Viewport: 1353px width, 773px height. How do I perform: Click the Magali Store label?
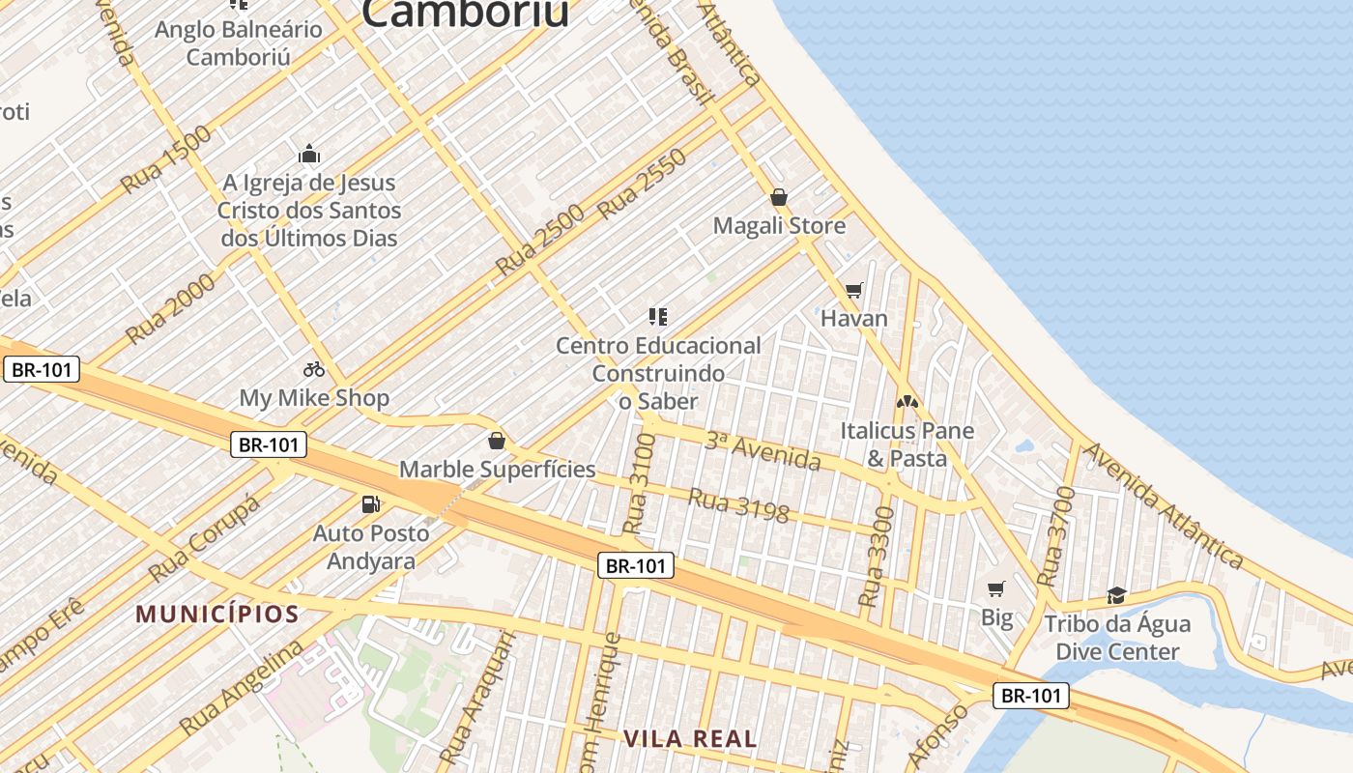[x=779, y=226]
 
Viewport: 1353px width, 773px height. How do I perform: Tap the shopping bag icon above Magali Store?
[x=779, y=198]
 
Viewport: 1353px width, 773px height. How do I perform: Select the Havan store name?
[x=853, y=318]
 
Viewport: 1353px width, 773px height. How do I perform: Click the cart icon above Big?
[x=996, y=588]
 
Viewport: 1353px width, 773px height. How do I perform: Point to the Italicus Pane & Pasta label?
[x=907, y=444]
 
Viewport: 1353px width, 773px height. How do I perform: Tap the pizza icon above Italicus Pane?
[x=907, y=401]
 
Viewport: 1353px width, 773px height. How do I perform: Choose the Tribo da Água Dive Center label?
[x=1117, y=638]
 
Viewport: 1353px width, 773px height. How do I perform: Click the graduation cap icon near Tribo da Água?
[x=1117, y=595]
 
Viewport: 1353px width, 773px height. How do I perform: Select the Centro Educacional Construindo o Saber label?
[x=658, y=373]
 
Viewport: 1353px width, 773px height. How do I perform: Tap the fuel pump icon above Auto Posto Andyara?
[x=370, y=503]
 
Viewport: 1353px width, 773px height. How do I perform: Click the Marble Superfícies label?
[x=498, y=470]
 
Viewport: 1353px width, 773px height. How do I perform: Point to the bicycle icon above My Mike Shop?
[x=313, y=369]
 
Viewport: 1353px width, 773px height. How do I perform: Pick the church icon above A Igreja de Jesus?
[x=309, y=155]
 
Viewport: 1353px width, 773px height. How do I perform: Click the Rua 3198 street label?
[x=738, y=504]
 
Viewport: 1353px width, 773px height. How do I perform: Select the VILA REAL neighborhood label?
[x=690, y=739]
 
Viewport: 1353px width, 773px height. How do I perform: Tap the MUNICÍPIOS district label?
[x=217, y=614]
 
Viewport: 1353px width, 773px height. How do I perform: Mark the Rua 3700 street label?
[x=1055, y=537]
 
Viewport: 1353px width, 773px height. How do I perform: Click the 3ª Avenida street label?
[x=763, y=452]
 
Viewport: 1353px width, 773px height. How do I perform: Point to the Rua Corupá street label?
[x=205, y=539]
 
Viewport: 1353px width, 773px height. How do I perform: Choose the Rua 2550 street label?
[x=642, y=184]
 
